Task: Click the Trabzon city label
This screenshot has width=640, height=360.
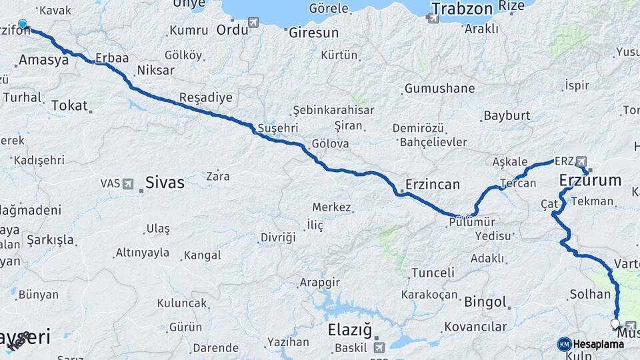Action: (462, 9)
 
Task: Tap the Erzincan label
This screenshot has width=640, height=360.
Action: (433, 185)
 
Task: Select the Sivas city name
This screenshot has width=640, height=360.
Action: (165, 182)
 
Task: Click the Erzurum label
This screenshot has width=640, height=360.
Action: (590, 180)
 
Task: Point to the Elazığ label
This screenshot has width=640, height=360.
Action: (349, 329)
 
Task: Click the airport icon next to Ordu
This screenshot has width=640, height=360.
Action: (253, 23)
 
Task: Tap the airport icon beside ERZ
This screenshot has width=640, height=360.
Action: (581, 161)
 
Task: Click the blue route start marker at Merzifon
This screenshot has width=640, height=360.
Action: (23, 25)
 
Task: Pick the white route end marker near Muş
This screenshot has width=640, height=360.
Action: (615, 323)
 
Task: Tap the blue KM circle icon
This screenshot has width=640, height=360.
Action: (564, 344)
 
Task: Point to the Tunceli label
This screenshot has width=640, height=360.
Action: (433, 273)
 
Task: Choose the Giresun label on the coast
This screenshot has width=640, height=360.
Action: (313, 32)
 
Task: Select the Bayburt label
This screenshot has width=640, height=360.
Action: (507, 115)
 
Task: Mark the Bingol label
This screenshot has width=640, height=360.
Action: (485, 302)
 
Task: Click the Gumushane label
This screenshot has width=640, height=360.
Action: (440, 88)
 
